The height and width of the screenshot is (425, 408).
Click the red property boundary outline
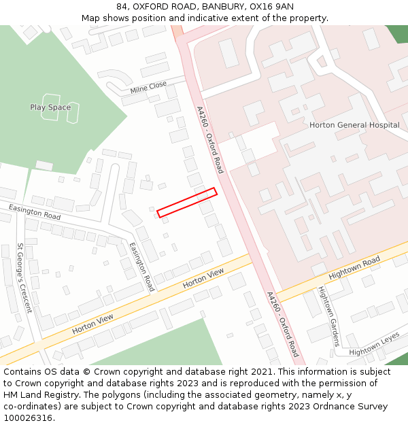(187, 203)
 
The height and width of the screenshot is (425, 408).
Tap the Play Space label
(50, 107)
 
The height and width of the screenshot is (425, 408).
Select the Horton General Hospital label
(354, 125)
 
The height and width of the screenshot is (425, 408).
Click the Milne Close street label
(148, 88)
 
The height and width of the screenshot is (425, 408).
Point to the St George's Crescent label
(24, 278)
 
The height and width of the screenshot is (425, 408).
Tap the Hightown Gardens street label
(328, 316)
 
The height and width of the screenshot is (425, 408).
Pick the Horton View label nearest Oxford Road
(203, 277)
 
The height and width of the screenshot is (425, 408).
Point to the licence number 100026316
(28, 418)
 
